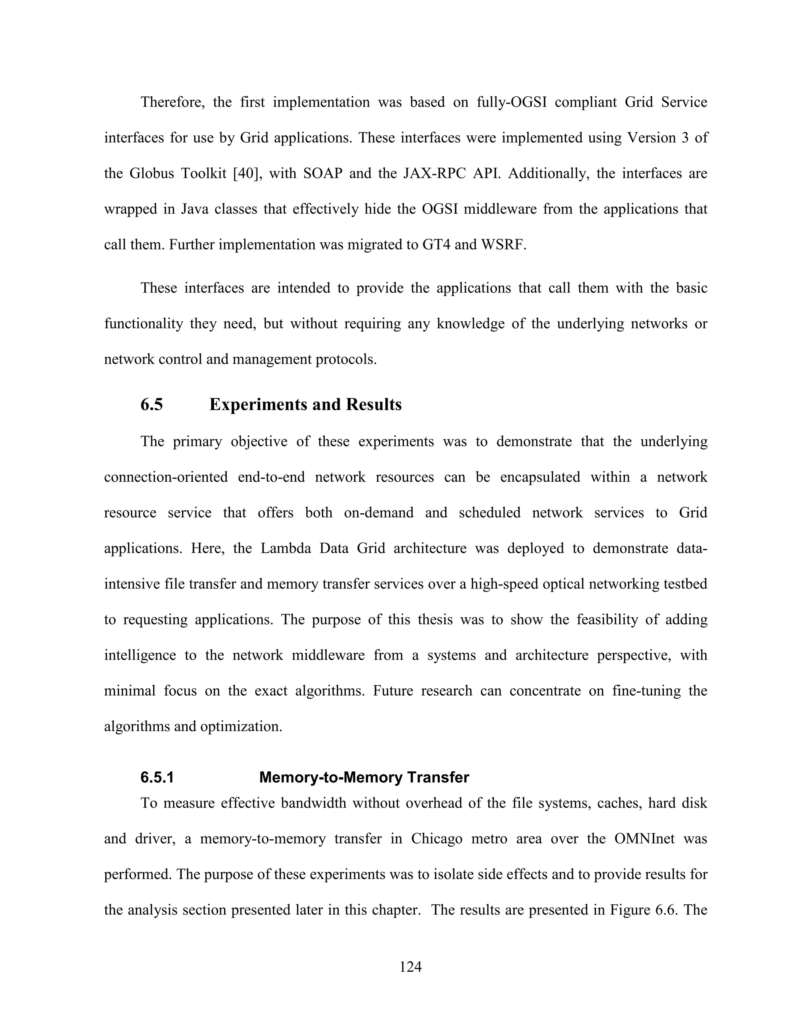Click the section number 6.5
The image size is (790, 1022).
tap(152, 404)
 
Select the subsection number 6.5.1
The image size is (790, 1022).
tap(157, 777)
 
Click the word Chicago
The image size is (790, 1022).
tap(437, 838)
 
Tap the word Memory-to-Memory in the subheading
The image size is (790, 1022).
tap(330, 777)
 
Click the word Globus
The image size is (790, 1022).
tap(151, 174)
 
